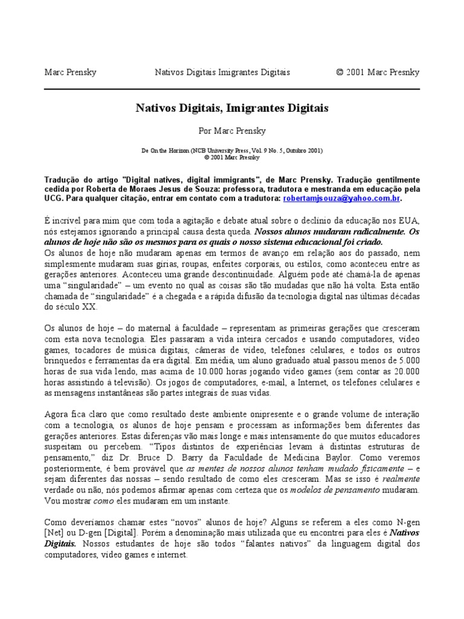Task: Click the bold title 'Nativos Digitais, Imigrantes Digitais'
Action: [x=232, y=108]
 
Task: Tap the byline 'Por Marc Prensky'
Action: [x=232, y=130]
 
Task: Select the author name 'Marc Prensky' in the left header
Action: [x=71, y=73]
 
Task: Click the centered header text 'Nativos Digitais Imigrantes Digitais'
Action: [x=222, y=73]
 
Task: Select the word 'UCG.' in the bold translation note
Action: [x=55, y=198]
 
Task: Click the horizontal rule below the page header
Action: [x=232, y=89]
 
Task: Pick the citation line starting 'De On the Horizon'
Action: [x=232, y=150]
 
